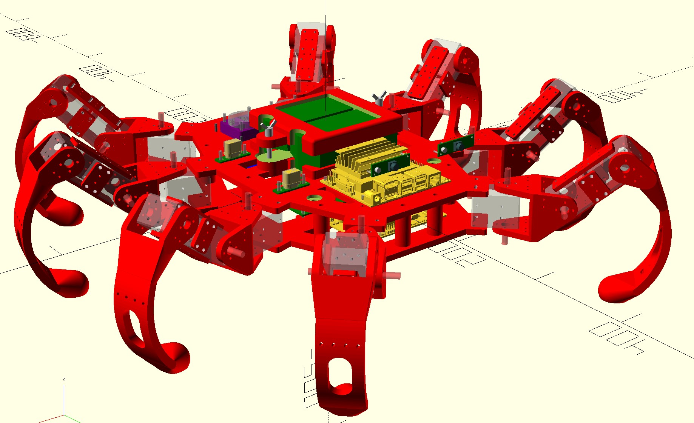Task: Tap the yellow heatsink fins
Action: pos(362,155)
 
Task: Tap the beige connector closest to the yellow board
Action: pos(291,178)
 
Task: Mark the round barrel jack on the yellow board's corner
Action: pos(376,198)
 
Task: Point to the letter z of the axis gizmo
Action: pos(64,379)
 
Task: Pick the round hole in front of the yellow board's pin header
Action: pos(313,197)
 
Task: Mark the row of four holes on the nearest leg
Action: pos(339,344)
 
